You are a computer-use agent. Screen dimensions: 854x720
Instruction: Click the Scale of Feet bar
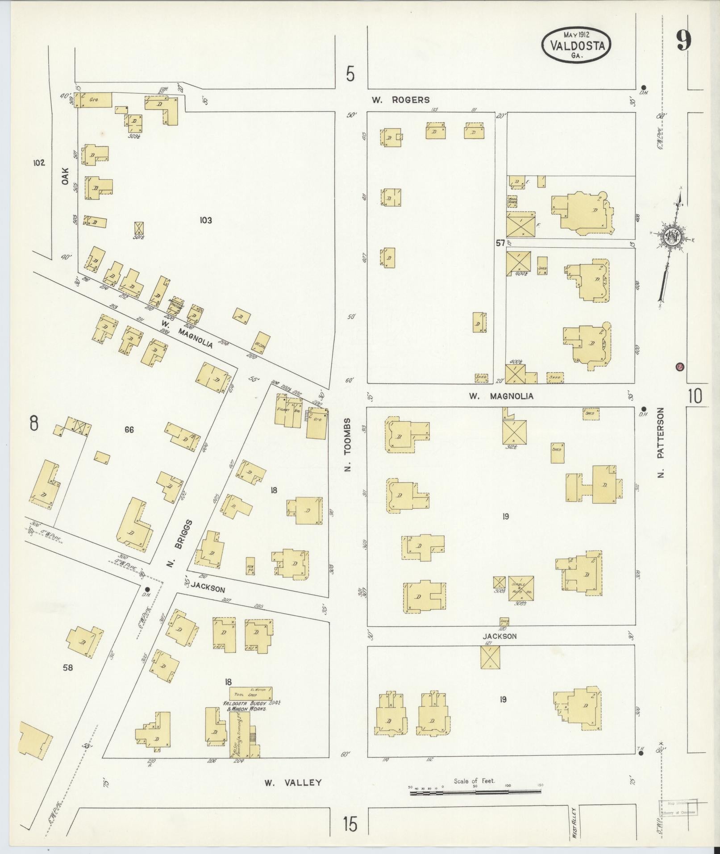pyautogui.click(x=475, y=480)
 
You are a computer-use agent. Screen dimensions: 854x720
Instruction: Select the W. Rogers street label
pyautogui.click(x=401, y=100)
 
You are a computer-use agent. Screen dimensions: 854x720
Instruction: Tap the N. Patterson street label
pyautogui.click(x=661, y=442)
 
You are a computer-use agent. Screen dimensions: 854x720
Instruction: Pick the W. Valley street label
pyautogui.click(x=292, y=470)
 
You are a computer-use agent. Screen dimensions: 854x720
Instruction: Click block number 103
pyautogui.click(x=205, y=220)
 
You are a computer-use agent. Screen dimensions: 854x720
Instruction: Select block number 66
pyautogui.click(x=129, y=430)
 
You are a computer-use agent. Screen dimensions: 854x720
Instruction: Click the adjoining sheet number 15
pyautogui.click(x=350, y=824)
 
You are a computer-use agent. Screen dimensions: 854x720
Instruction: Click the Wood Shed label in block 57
pyautogui.click(x=512, y=201)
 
